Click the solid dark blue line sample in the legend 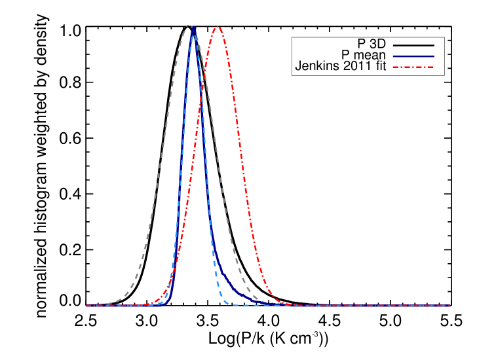click(413, 56)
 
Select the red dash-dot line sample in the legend click(413, 67)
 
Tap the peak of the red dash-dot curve click(217, 27)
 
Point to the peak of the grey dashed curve click(189, 27)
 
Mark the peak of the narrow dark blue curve click(193, 28)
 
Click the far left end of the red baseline click(87, 306)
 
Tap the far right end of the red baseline click(449, 306)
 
